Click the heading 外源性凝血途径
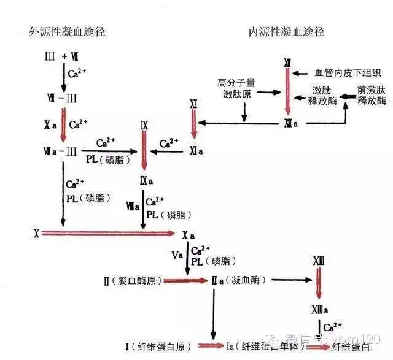[68, 32]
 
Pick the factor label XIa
[196, 150]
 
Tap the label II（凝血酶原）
[133, 281]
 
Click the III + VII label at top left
[61, 57]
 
